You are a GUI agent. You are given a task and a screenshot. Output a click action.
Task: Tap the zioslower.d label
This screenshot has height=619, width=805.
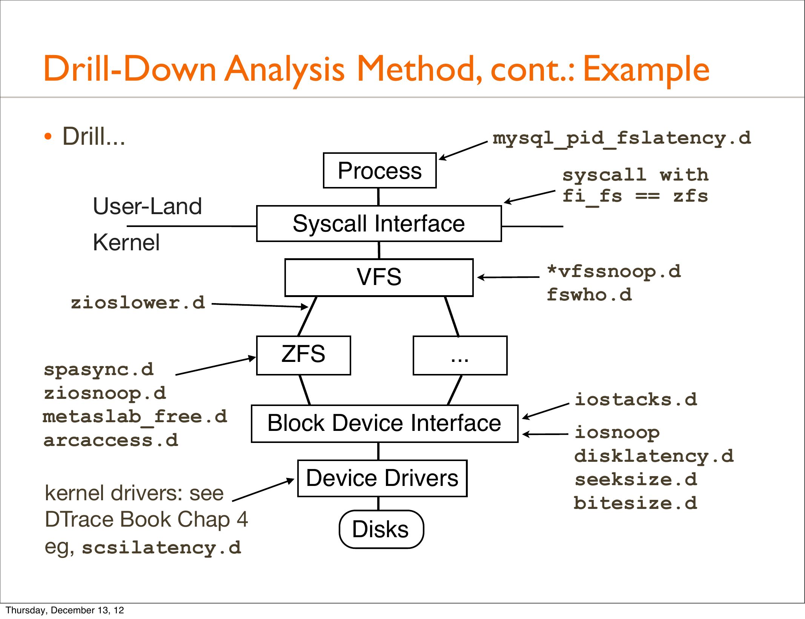(138, 303)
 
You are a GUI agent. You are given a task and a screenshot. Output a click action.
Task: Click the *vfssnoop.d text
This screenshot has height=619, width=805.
(614, 271)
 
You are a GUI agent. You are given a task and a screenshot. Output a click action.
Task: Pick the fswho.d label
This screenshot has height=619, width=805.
(589, 294)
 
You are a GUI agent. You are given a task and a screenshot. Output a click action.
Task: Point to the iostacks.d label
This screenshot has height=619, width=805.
(636, 399)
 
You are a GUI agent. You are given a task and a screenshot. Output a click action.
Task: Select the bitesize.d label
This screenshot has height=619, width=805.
(636, 503)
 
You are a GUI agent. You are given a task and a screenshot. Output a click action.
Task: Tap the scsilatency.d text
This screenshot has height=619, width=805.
(161, 547)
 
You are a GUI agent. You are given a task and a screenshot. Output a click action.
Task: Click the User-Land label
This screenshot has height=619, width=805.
(147, 206)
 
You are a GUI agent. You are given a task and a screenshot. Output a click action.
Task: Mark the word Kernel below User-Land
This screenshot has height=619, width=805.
(126, 242)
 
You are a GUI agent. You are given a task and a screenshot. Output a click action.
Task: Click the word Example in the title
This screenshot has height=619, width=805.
(646, 69)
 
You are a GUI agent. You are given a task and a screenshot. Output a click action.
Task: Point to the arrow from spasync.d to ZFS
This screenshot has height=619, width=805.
(216, 366)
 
